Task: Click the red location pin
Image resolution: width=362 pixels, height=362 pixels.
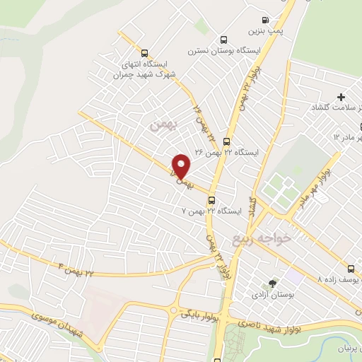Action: (182, 166)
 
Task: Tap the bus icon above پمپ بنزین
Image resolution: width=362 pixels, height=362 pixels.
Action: (265, 21)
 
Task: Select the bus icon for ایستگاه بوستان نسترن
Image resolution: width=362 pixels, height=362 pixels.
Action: (224, 40)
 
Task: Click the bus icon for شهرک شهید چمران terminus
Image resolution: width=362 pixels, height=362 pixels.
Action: (145, 52)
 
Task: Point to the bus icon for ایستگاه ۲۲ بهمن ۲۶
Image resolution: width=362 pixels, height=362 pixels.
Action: (226, 141)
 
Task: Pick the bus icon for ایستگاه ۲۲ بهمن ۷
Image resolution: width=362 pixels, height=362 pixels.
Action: (211, 200)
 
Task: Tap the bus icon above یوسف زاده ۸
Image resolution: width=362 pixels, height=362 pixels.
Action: (352, 269)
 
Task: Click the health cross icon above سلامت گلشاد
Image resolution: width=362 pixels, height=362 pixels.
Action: (341, 96)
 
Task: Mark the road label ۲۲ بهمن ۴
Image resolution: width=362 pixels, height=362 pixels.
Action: (76, 269)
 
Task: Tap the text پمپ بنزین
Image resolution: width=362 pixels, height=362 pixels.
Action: (261, 31)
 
